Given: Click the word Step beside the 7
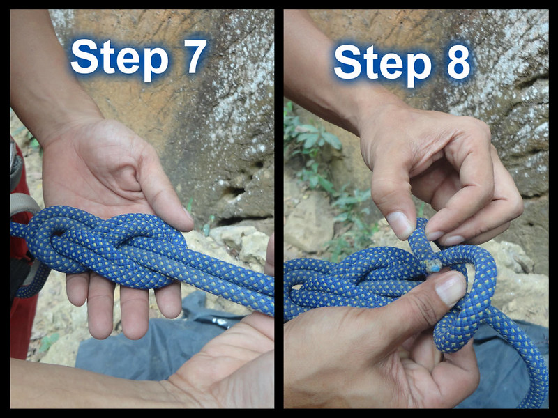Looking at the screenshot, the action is coord(119,58).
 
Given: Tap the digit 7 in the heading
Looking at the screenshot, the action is coord(195,56).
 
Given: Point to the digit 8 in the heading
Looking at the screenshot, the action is coord(458,62).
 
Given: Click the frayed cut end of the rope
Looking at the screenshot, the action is coord(433,265).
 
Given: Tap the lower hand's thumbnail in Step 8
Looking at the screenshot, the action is coord(450,288).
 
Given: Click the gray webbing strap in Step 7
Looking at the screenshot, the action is coord(24,204).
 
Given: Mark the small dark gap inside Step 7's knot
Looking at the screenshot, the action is coord(59,233).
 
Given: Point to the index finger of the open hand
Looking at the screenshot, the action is coord(167,299).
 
